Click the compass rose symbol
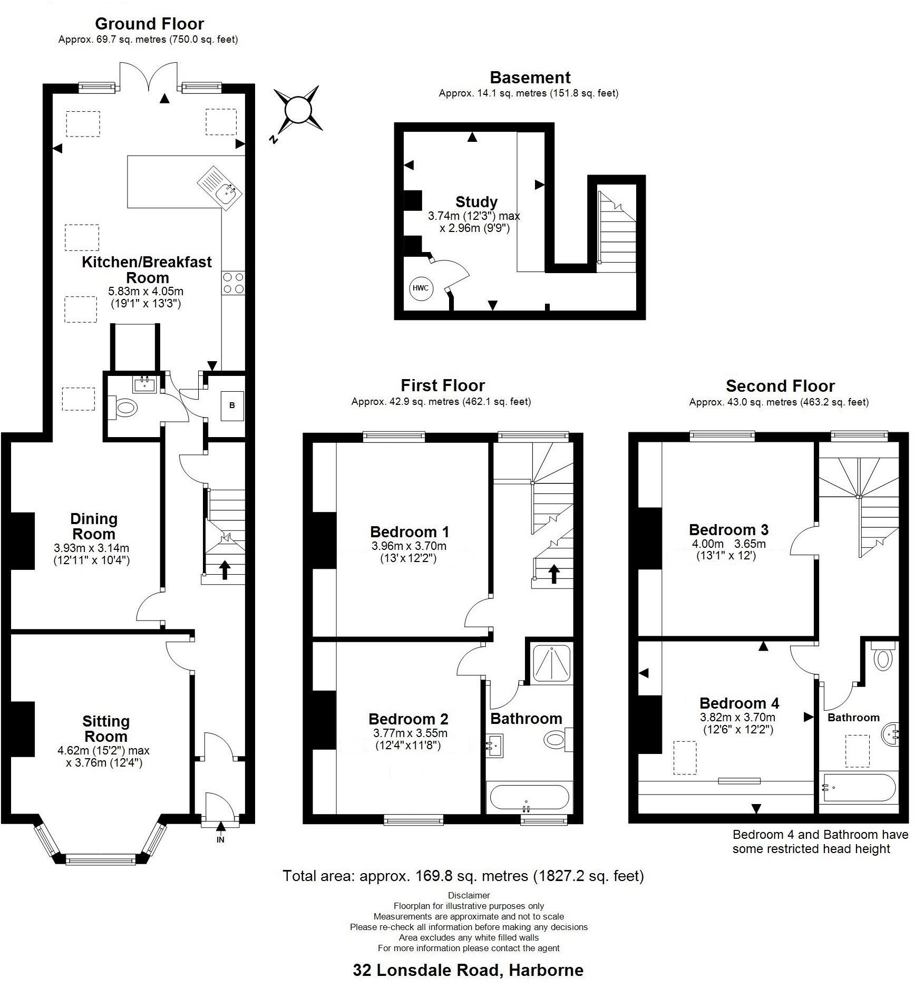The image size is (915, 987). [297, 110]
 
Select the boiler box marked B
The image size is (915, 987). [232, 405]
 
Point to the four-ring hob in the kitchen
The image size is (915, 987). [233, 283]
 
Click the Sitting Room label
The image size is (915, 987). [105, 729]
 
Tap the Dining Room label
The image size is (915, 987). [93, 526]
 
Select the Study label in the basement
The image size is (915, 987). [476, 202]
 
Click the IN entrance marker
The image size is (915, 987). [220, 840]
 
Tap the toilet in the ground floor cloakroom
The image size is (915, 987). [125, 408]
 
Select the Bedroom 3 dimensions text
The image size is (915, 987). [728, 549]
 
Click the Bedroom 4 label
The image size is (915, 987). [739, 703]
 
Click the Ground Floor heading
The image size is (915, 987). [149, 24]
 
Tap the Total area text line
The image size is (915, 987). [463, 876]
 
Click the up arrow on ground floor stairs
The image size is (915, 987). [225, 570]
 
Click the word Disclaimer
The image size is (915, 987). [469, 895]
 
